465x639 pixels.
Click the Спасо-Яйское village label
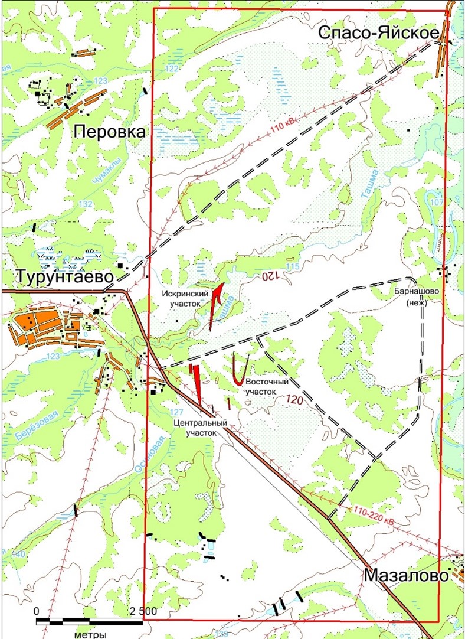378,34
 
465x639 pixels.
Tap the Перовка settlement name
109,132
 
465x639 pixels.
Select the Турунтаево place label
64,276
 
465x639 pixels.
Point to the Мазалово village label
407,575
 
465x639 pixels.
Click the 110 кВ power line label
284,128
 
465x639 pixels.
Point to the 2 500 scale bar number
142,610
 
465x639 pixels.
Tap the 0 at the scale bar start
37,610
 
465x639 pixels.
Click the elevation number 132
86,204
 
